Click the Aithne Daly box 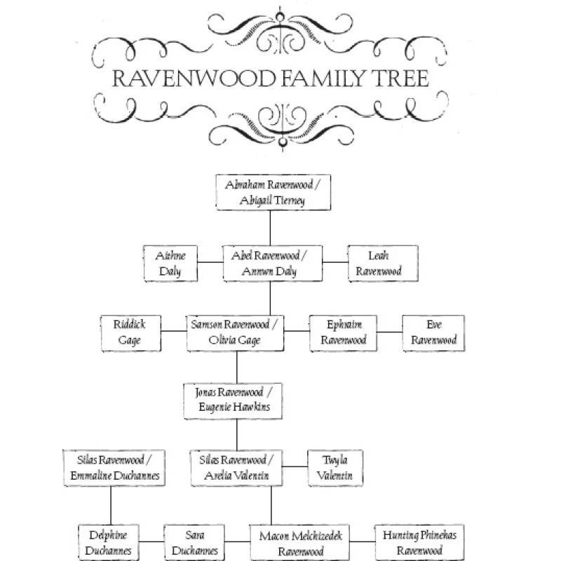(x=170, y=262)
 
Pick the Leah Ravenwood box (x=383, y=262)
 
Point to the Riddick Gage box (x=131, y=332)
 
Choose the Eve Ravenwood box (x=433, y=332)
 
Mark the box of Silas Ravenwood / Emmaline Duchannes (x=111, y=468)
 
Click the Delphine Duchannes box (x=107, y=542)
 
